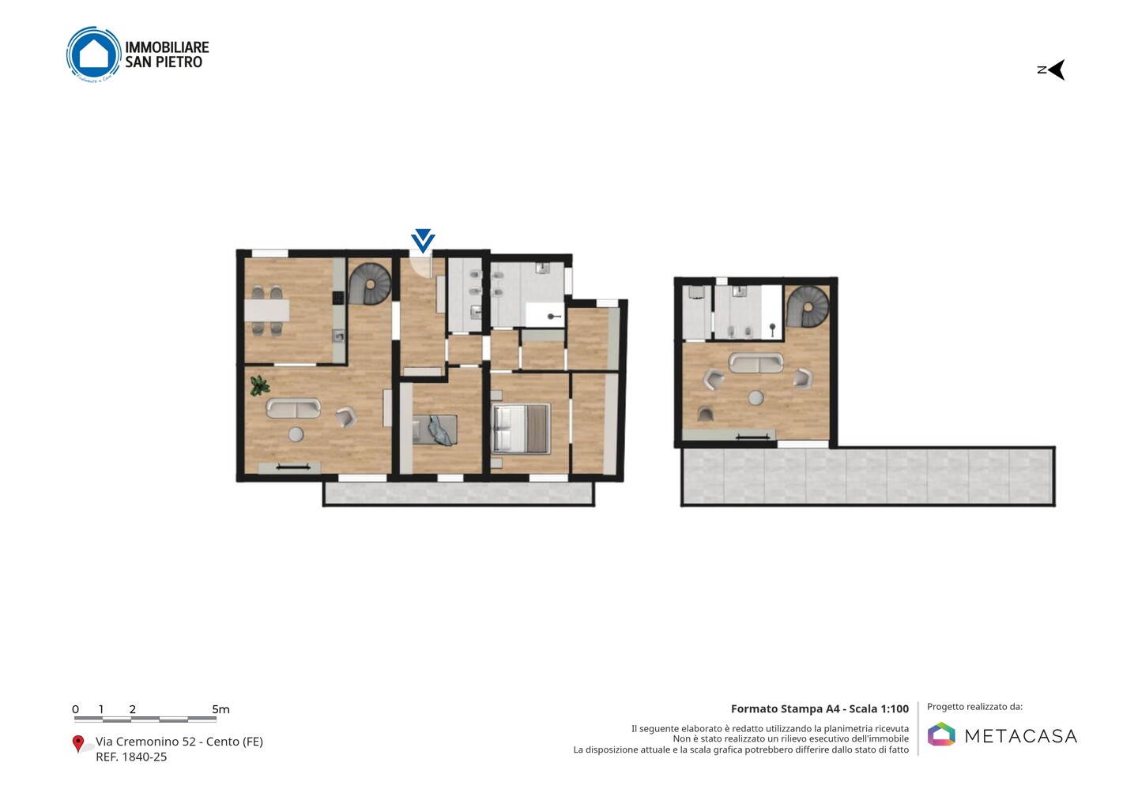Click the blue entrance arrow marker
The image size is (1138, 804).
pyautogui.click(x=423, y=241)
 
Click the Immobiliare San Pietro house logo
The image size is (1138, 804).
pyautogui.click(x=94, y=54)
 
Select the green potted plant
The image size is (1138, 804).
pyautogui.click(x=259, y=385)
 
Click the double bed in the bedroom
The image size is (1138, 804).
pyautogui.click(x=522, y=428)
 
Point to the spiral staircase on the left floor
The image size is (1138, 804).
pyautogui.click(x=370, y=284)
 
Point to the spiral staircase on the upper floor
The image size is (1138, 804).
pyautogui.click(x=808, y=306)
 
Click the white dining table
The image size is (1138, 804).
pyautogui.click(x=267, y=310)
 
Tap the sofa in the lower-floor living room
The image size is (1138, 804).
pyautogui.click(x=293, y=408)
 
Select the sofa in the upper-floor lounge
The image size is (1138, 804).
pyautogui.click(x=756, y=363)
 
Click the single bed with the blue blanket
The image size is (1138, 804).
pyautogui.click(x=435, y=430)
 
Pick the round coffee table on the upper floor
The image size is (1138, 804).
pyautogui.click(x=756, y=398)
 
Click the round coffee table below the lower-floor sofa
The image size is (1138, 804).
pyautogui.click(x=296, y=434)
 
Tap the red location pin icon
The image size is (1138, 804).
pyautogui.click(x=77, y=744)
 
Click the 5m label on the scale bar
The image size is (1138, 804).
pyautogui.click(x=221, y=709)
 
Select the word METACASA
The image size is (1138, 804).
pyautogui.click(x=1021, y=736)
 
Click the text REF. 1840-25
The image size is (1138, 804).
pyautogui.click(x=131, y=757)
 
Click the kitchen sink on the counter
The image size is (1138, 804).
pyautogui.click(x=339, y=336)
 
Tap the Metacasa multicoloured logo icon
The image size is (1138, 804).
pyautogui.click(x=941, y=734)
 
